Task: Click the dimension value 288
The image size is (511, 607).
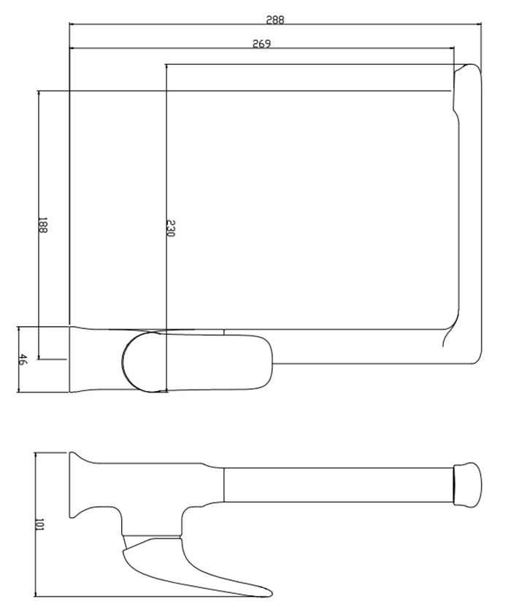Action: (x=274, y=20)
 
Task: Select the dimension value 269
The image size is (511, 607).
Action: (x=261, y=44)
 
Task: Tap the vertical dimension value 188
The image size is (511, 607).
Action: (x=42, y=225)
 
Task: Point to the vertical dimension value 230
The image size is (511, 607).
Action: (x=171, y=228)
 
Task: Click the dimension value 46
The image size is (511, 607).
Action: (x=23, y=359)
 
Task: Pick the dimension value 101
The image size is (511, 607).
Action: (x=39, y=525)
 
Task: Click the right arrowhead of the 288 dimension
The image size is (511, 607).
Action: (x=479, y=24)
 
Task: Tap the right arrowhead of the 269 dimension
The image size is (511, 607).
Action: (x=452, y=48)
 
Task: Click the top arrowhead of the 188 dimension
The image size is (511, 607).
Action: (x=39, y=93)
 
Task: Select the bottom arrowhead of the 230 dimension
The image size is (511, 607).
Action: (x=166, y=389)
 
